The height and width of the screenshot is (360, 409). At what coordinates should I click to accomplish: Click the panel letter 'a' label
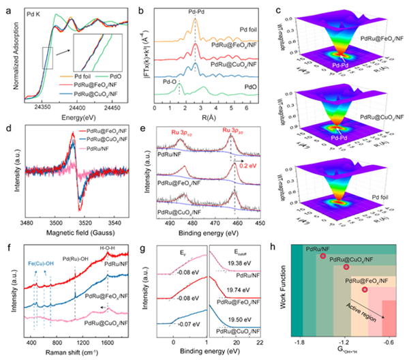[x=5, y=7]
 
